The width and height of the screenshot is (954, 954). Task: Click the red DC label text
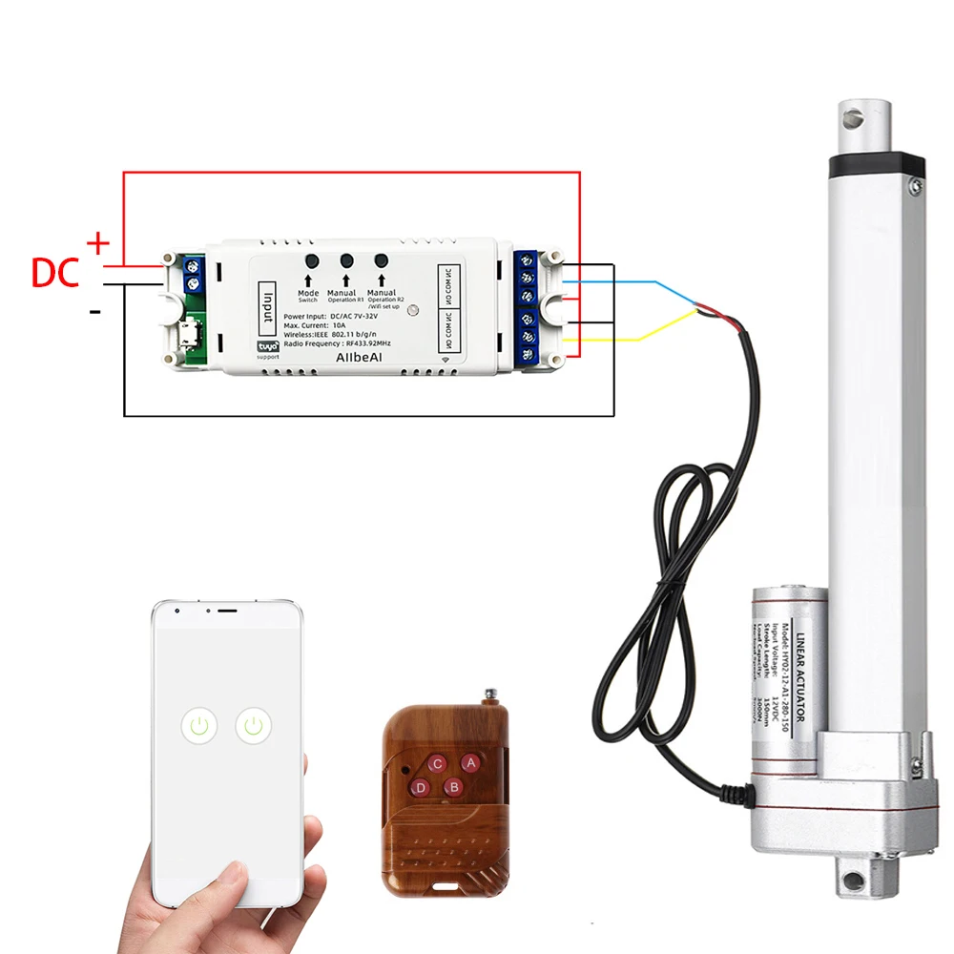pyautogui.click(x=56, y=272)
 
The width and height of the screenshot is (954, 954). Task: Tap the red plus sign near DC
pyautogui.click(x=97, y=244)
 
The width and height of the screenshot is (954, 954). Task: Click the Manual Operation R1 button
pyautogui.click(x=346, y=260)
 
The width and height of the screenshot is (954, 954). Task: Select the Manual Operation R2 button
pyautogui.click(x=382, y=259)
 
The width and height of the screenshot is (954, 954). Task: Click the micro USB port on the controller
pyautogui.click(x=195, y=336)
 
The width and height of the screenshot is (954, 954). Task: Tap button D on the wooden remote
pyautogui.click(x=419, y=787)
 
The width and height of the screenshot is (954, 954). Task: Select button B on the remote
pyautogui.click(x=454, y=787)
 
